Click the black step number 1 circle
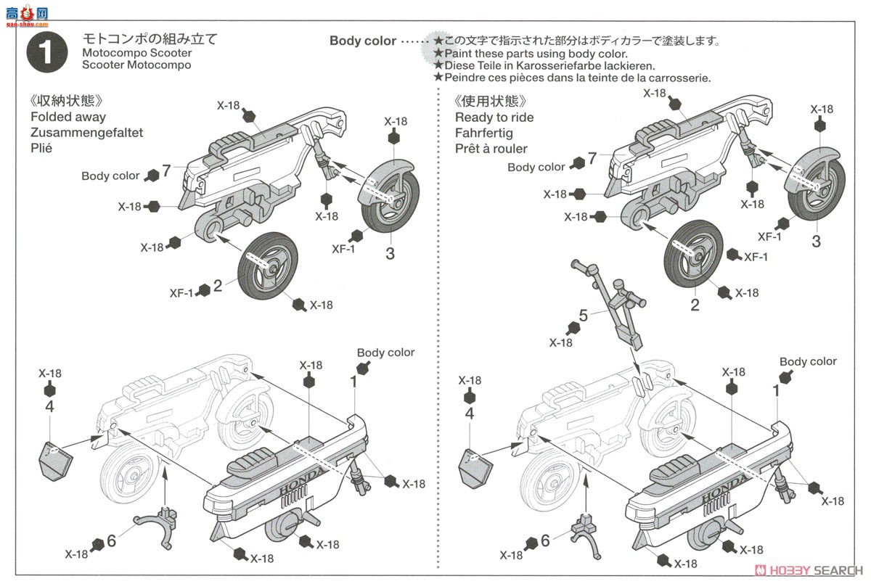[x=46, y=52]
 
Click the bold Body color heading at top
[x=363, y=41]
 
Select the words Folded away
[x=68, y=117]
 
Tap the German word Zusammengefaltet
[x=87, y=133]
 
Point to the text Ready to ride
[x=494, y=118]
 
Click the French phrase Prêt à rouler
[x=491, y=149]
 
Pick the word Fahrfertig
[x=484, y=133]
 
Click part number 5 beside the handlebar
[x=583, y=316]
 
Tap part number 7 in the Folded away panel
[x=166, y=171]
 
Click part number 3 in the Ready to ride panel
[x=816, y=242]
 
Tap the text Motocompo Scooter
[x=137, y=53]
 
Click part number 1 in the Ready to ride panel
[x=776, y=390]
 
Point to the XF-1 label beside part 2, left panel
[x=182, y=293]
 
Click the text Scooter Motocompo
[x=137, y=65]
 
